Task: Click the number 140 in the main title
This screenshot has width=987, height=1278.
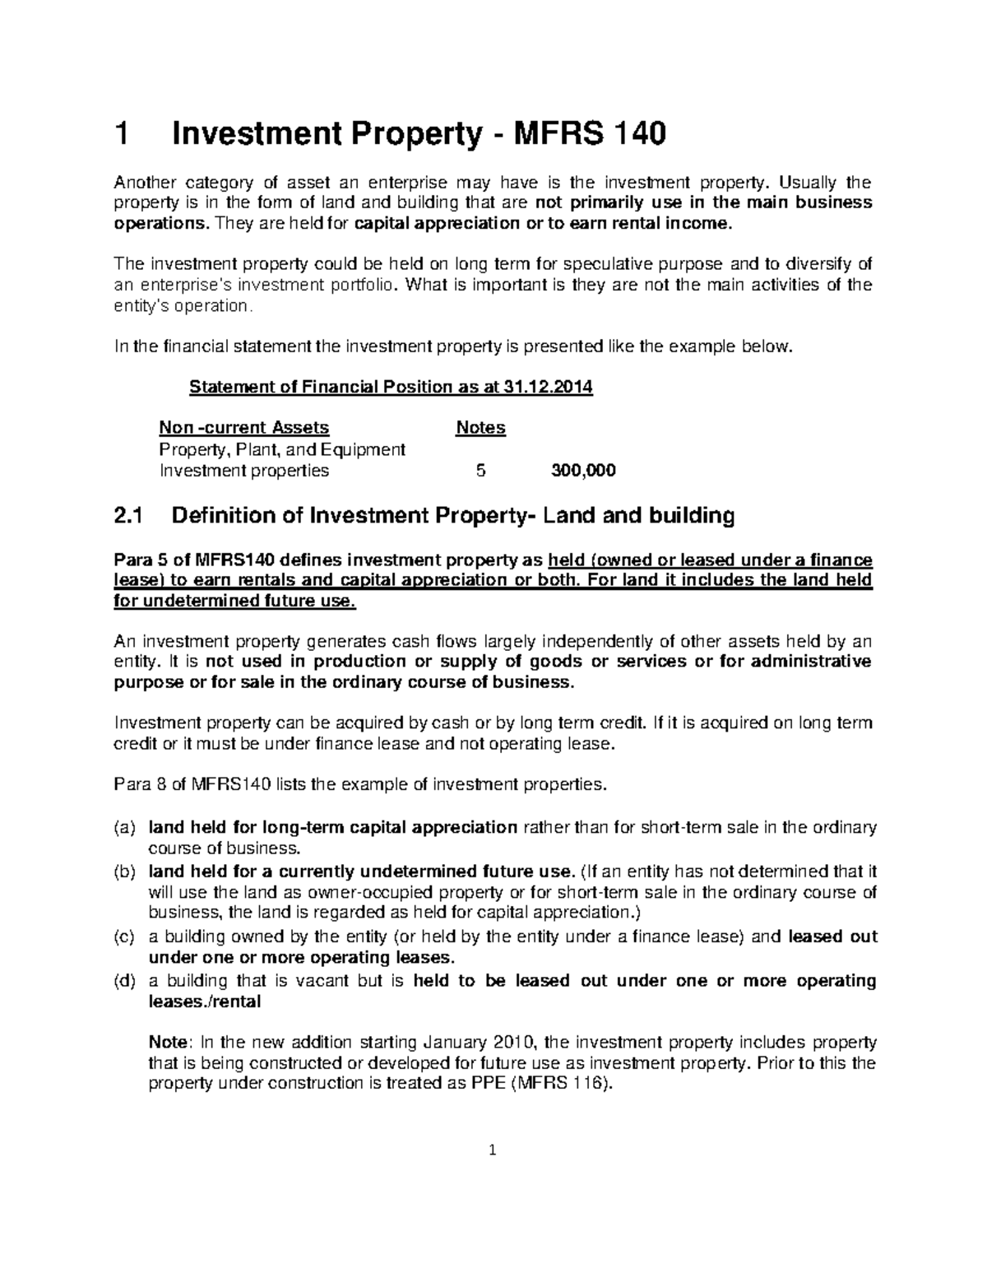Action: (x=634, y=134)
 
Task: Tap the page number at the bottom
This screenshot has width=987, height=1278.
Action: (x=493, y=1151)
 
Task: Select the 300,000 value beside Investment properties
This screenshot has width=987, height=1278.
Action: (x=583, y=471)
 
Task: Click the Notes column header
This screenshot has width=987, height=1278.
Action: (x=480, y=428)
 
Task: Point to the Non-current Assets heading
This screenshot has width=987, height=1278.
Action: (x=243, y=428)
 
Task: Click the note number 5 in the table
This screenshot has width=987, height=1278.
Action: (x=480, y=471)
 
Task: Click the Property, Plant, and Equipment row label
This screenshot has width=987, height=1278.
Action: (x=282, y=449)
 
